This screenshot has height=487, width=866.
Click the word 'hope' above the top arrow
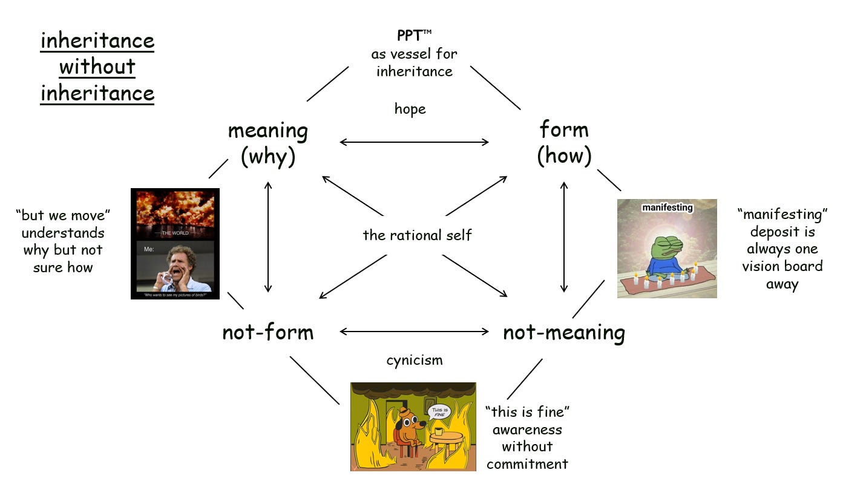[410, 109]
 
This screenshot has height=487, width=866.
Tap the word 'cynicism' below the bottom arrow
[415, 361]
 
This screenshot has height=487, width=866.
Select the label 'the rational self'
[417, 235]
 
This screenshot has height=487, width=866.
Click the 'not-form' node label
[267, 332]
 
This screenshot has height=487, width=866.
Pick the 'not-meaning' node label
[563, 333]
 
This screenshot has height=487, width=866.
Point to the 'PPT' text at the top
[410, 36]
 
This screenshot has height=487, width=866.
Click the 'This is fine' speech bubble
[439, 413]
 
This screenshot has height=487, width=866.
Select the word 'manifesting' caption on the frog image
[667, 208]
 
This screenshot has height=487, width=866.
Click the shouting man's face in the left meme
[176, 266]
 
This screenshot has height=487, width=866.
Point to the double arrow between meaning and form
[414, 142]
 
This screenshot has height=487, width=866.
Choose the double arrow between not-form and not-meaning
[414, 331]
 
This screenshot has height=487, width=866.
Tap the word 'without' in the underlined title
[97, 67]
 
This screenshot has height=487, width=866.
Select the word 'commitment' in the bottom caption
[527, 464]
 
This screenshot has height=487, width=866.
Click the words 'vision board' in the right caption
[782, 266]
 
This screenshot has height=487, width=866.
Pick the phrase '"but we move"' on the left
[64, 215]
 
